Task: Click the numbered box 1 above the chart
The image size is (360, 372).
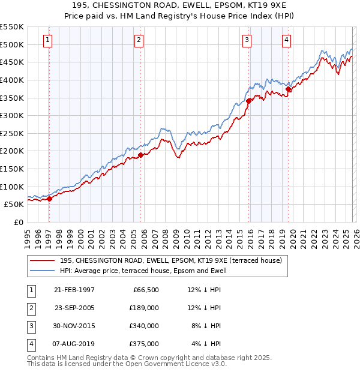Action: pos(47,40)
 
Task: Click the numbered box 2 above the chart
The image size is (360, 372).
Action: pos(139,40)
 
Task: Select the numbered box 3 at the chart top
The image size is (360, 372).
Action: pos(247,40)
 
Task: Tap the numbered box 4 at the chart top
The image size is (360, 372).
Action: pos(287,40)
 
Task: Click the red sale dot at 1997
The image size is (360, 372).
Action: pos(50,199)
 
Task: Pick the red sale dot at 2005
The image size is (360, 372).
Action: pos(140,155)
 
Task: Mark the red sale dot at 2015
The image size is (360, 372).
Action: pos(248,101)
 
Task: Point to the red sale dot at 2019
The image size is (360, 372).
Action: pos(288,89)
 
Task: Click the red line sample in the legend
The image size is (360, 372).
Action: pos(43,260)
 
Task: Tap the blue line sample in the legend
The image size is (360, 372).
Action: pos(43,271)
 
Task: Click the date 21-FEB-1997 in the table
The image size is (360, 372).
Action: pos(74,290)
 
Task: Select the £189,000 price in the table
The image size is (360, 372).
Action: pos(145,308)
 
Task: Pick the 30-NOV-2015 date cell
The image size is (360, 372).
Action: pos(74,326)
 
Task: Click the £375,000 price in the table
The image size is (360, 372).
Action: pos(145,344)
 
